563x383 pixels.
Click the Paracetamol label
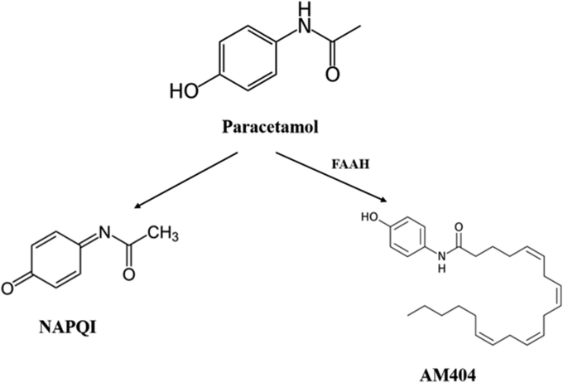point(282,129)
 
